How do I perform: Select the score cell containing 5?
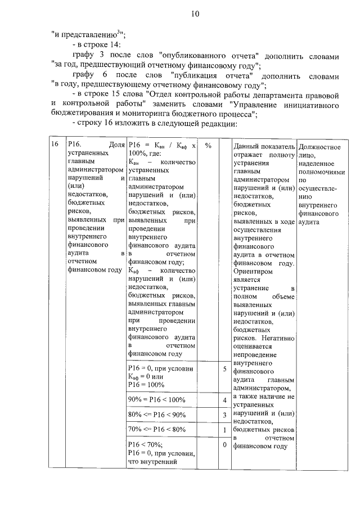pos(224,370)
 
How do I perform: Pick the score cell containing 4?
pos(224,400)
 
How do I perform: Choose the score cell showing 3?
pos(224,415)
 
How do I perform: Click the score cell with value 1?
pos(224,430)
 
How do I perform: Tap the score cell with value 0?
pos(224,445)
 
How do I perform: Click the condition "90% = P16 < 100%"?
pos(156,400)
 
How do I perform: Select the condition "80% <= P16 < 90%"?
pos(157,415)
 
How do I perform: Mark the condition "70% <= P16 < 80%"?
pos(157,430)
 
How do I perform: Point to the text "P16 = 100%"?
pos(146,385)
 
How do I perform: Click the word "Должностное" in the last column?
pos(319,147)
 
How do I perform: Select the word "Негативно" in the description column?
pos(278,338)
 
